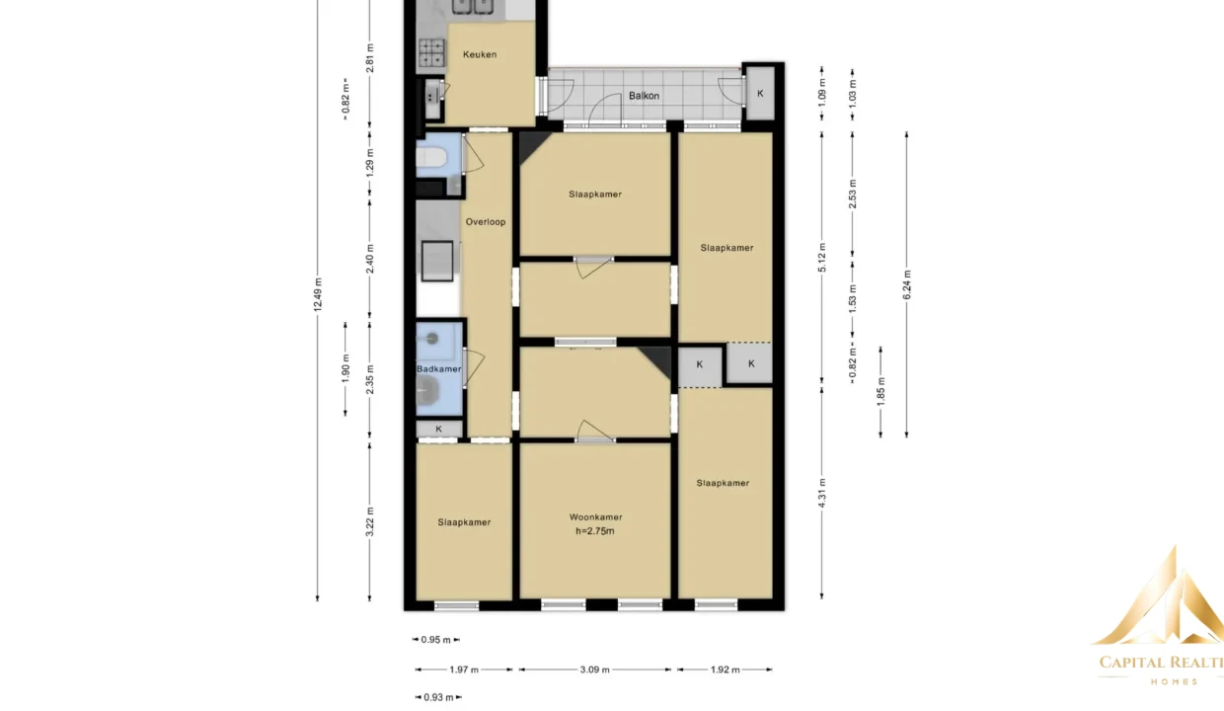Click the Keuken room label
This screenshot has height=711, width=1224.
point(480,54)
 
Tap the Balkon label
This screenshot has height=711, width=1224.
point(644,96)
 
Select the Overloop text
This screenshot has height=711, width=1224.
point(486,222)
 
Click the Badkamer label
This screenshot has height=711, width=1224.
point(439,369)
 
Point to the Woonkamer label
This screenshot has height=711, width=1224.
point(595,517)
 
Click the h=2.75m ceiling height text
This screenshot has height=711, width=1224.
point(595,531)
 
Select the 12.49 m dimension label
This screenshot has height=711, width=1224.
point(318,295)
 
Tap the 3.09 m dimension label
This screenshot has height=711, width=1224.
point(594,670)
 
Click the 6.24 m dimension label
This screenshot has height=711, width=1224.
point(906,284)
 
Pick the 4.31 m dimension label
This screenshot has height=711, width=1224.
point(822,493)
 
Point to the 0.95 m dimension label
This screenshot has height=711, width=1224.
point(435,640)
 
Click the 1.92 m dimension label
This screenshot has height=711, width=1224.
point(726,670)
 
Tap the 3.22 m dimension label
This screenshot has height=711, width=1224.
point(370,522)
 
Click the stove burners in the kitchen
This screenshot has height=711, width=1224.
point(431,52)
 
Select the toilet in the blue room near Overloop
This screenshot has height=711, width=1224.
point(431,158)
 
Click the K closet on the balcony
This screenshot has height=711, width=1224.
point(760,94)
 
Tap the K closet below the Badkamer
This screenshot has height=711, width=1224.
point(439,429)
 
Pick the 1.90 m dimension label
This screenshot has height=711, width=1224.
point(345,369)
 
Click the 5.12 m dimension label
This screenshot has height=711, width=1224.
point(822,258)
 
